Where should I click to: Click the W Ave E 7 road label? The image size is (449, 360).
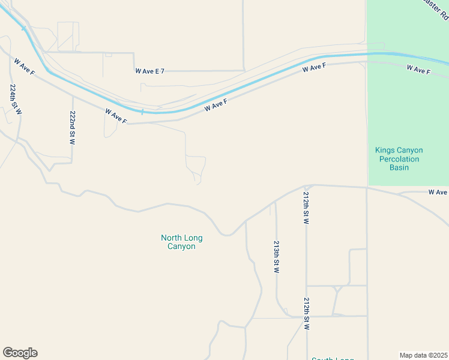pos(149,71)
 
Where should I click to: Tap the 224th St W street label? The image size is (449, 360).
pos(15,100)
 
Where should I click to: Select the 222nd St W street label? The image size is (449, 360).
pos(73,128)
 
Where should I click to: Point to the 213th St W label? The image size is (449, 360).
pos(276,257)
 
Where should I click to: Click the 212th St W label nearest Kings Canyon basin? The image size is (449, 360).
pos(306,209)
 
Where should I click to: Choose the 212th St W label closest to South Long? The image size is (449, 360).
pos(307,314)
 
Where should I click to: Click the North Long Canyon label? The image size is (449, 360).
pos(181,242)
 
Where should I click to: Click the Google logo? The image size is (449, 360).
pos(20,353)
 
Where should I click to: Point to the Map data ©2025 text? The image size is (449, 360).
pos(423,355)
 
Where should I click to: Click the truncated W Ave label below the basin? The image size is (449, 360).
pos(438,192)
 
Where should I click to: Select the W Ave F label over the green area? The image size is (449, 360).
pos(418,70)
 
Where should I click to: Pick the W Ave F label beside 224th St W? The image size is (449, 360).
pos(23,68)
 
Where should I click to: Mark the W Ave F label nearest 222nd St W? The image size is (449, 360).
pos(116,116)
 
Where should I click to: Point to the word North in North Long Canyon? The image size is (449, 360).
pos(171,238)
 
